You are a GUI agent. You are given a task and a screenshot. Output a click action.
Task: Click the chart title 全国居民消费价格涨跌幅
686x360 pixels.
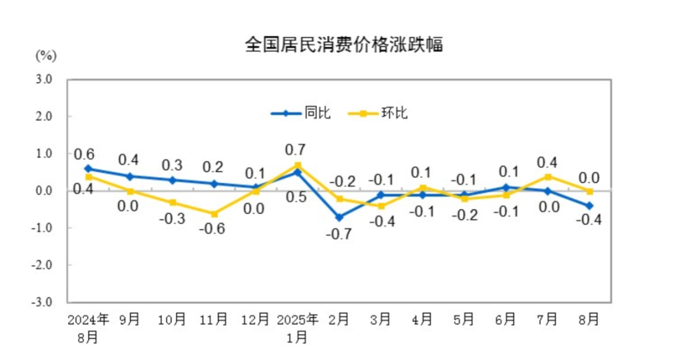click(343, 45)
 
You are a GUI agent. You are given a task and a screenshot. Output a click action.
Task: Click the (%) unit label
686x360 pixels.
click(46, 55)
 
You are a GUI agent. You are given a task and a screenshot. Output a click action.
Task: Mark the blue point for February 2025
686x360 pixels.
click(339, 217)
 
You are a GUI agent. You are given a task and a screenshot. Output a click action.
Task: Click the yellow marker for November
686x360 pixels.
click(213, 214)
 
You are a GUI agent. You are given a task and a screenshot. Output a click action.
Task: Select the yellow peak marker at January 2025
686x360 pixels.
click(297, 166)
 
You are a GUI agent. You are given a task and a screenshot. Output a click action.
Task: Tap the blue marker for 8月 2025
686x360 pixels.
click(589, 206)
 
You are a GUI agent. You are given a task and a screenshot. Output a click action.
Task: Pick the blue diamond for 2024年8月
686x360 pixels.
click(88, 169)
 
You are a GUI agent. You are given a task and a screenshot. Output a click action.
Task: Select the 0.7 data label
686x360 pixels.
click(296, 150)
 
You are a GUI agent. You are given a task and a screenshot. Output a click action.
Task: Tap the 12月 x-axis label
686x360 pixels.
click(255, 320)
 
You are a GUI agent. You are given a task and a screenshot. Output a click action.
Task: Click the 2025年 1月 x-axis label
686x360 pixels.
click(297, 328)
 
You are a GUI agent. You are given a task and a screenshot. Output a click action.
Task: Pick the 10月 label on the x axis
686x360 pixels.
click(171, 320)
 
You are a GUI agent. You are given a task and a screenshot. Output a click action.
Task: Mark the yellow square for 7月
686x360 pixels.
click(548, 177)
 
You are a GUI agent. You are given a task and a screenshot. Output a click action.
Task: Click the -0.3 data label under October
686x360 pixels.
click(171, 218)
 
